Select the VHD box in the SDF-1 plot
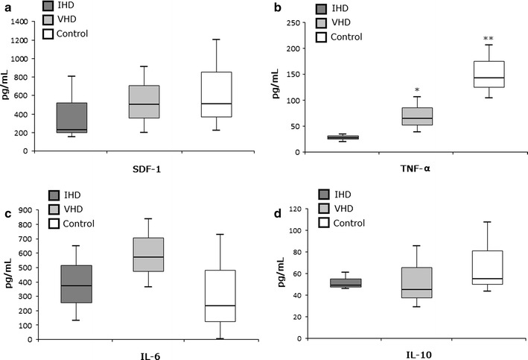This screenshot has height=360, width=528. pyautogui.click(x=144, y=102)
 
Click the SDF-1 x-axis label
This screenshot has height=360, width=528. pyautogui.click(x=144, y=170)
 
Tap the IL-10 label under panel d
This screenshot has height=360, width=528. pyautogui.click(x=416, y=356)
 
